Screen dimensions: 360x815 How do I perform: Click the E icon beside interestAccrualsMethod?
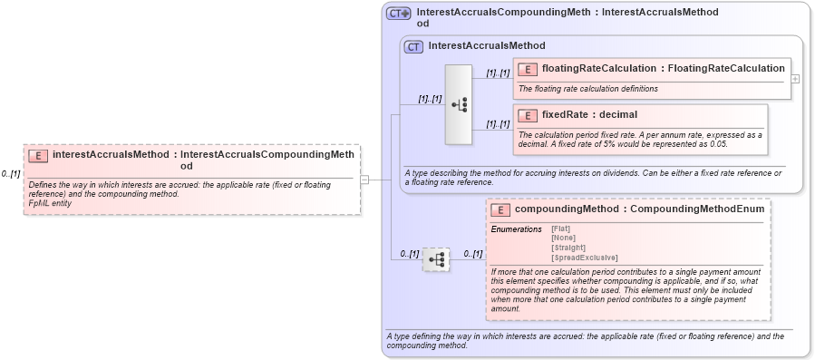click(x=38, y=155)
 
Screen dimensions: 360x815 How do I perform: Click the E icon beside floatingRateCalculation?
click(x=528, y=69)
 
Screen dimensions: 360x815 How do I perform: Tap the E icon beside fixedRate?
click(x=528, y=115)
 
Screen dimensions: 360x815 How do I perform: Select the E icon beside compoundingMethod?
click(x=500, y=210)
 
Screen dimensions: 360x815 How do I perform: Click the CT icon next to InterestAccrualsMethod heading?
click(x=413, y=46)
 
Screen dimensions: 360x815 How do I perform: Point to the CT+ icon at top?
click(x=399, y=14)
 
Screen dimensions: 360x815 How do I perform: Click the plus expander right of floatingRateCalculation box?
click(x=795, y=79)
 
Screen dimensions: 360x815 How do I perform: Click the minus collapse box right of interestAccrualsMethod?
click(x=364, y=180)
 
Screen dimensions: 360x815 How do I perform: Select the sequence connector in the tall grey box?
click(x=459, y=104)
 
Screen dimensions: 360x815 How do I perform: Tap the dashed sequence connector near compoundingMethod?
click(x=436, y=260)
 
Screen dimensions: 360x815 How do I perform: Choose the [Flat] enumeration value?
click(x=561, y=229)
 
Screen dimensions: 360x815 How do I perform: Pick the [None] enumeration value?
click(x=563, y=238)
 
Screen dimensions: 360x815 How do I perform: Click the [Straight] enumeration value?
click(x=568, y=248)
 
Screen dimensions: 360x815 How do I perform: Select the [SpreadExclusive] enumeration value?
click(x=584, y=258)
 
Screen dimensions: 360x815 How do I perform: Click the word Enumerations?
click(x=516, y=229)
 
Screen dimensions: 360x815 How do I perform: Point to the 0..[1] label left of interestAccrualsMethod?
click(x=11, y=173)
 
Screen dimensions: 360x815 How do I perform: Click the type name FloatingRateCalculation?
click(x=726, y=68)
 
